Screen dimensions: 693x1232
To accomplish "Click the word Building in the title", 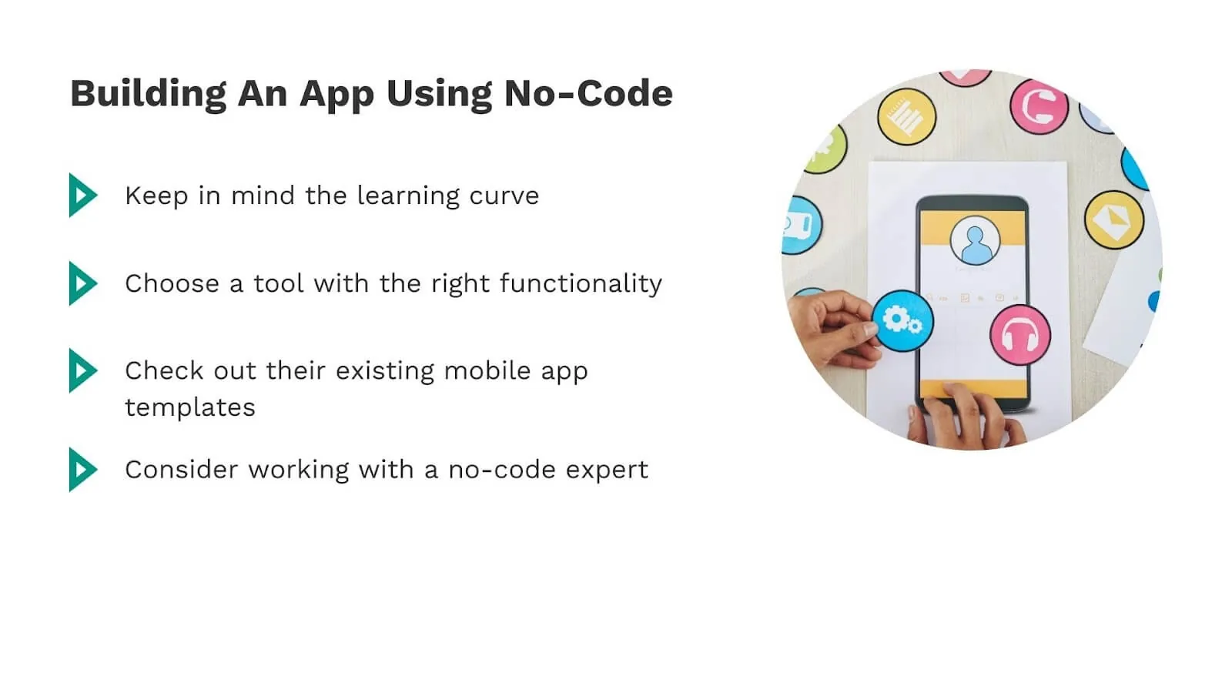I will point(148,94).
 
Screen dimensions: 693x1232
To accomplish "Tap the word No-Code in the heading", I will point(588,94).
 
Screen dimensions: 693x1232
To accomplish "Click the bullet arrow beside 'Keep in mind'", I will point(82,195).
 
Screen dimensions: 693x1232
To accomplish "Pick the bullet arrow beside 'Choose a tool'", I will point(82,283).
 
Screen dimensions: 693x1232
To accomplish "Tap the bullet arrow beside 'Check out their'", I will point(82,370).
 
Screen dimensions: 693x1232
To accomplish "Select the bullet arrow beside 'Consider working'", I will point(82,469).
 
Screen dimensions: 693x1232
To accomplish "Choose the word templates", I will point(190,407).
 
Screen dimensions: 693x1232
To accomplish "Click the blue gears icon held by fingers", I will point(902,320).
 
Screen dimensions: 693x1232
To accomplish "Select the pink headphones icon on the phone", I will point(1020,334).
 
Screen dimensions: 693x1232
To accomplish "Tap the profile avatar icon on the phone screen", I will point(975,241).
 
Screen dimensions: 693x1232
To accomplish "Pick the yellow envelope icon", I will point(1113,219).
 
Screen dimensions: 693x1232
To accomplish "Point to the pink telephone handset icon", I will point(1039,106).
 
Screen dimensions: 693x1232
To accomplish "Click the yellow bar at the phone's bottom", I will point(974,388).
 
